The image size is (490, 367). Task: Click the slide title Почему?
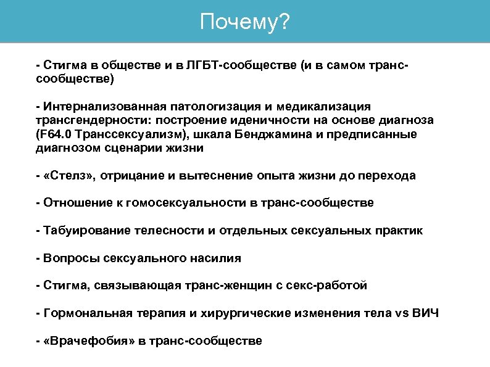pyautogui.click(x=244, y=22)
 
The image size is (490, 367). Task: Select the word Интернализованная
pyautogui.click(x=98, y=107)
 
